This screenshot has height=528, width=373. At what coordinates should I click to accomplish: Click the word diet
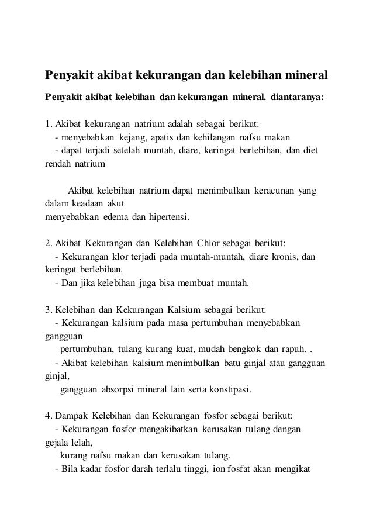point(309,151)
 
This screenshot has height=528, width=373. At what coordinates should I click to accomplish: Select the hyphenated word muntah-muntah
point(220,258)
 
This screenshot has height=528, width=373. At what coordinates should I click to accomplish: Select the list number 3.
point(48,310)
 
